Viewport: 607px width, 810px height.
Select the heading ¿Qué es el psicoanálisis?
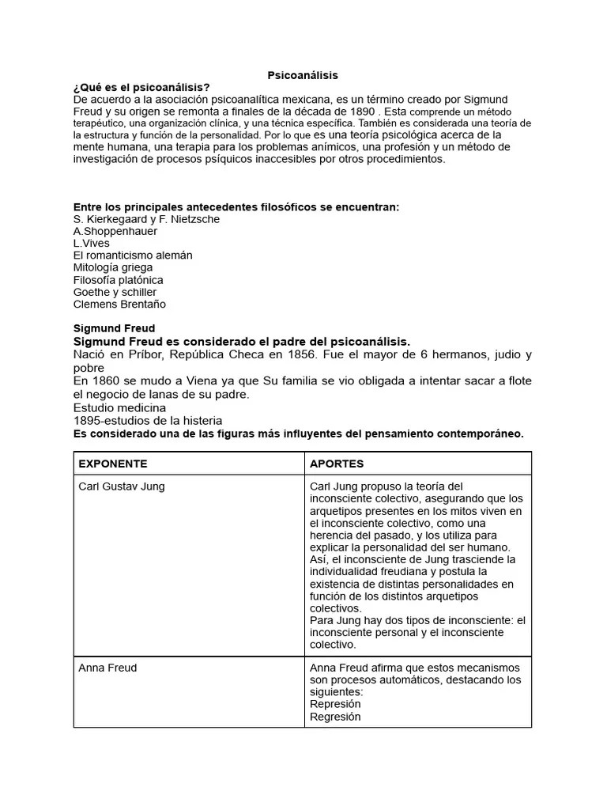tap(141, 87)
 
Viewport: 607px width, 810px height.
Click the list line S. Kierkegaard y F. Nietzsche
tap(146, 219)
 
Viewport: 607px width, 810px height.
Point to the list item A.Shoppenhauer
tap(115, 231)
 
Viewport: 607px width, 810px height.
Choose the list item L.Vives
tap(92, 244)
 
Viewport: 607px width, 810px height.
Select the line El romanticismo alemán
tap(132, 255)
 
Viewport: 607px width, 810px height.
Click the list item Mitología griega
tap(113, 267)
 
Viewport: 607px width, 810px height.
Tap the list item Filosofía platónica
tap(119, 280)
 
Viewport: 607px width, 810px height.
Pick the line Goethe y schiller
tap(115, 292)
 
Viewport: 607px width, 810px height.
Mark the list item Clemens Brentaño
tap(119, 304)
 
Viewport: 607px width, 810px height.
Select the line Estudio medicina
tap(119, 407)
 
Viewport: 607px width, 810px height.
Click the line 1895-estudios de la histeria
tap(147, 420)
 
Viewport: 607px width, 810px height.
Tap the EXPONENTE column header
tap(113, 464)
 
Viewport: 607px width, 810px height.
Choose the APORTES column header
tap(337, 464)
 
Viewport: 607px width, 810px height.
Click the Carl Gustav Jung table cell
tap(122, 486)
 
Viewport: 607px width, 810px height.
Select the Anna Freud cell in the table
tap(107, 668)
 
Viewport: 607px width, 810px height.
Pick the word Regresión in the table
tap(335, 717)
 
